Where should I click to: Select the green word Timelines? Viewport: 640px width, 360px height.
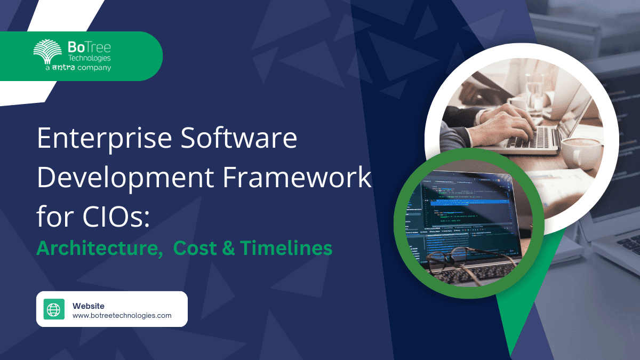pyautogui.click(x=286, y=248)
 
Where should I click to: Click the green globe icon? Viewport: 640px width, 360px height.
pyautogui.click(x=54, y=309)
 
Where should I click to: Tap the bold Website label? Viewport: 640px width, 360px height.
pyautogui.click(x=89, y=306)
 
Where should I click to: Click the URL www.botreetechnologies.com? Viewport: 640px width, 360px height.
pyautogui.click(x=122, y=316)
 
